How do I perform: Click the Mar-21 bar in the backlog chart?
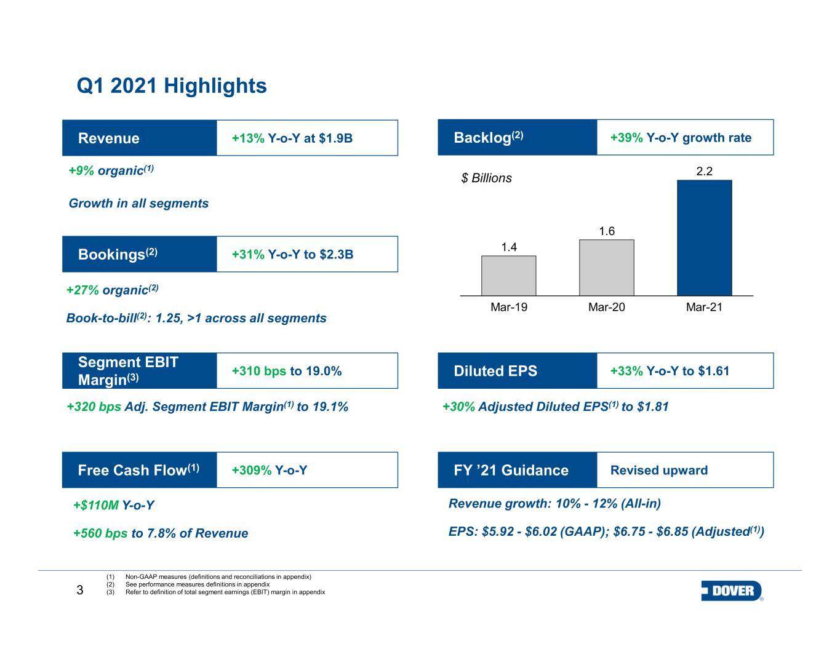pos(704,237)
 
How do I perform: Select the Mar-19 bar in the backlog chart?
pos(508,276)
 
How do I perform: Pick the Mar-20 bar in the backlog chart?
pos(606,268)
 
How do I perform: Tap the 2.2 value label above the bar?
pos(704,172)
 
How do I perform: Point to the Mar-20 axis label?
pos(606,308)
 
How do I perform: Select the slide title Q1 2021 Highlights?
pos(172,86)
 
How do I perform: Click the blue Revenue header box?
pos(140,138)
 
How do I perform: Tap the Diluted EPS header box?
pos(517,371)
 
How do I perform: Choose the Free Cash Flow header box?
pos(140,470)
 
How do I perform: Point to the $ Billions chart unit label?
pos(486,178)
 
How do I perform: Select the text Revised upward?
pos(658,471)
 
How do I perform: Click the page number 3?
pos(79,591)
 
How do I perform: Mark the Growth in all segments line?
pos(138,203)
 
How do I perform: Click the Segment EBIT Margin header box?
pos(140,371)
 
